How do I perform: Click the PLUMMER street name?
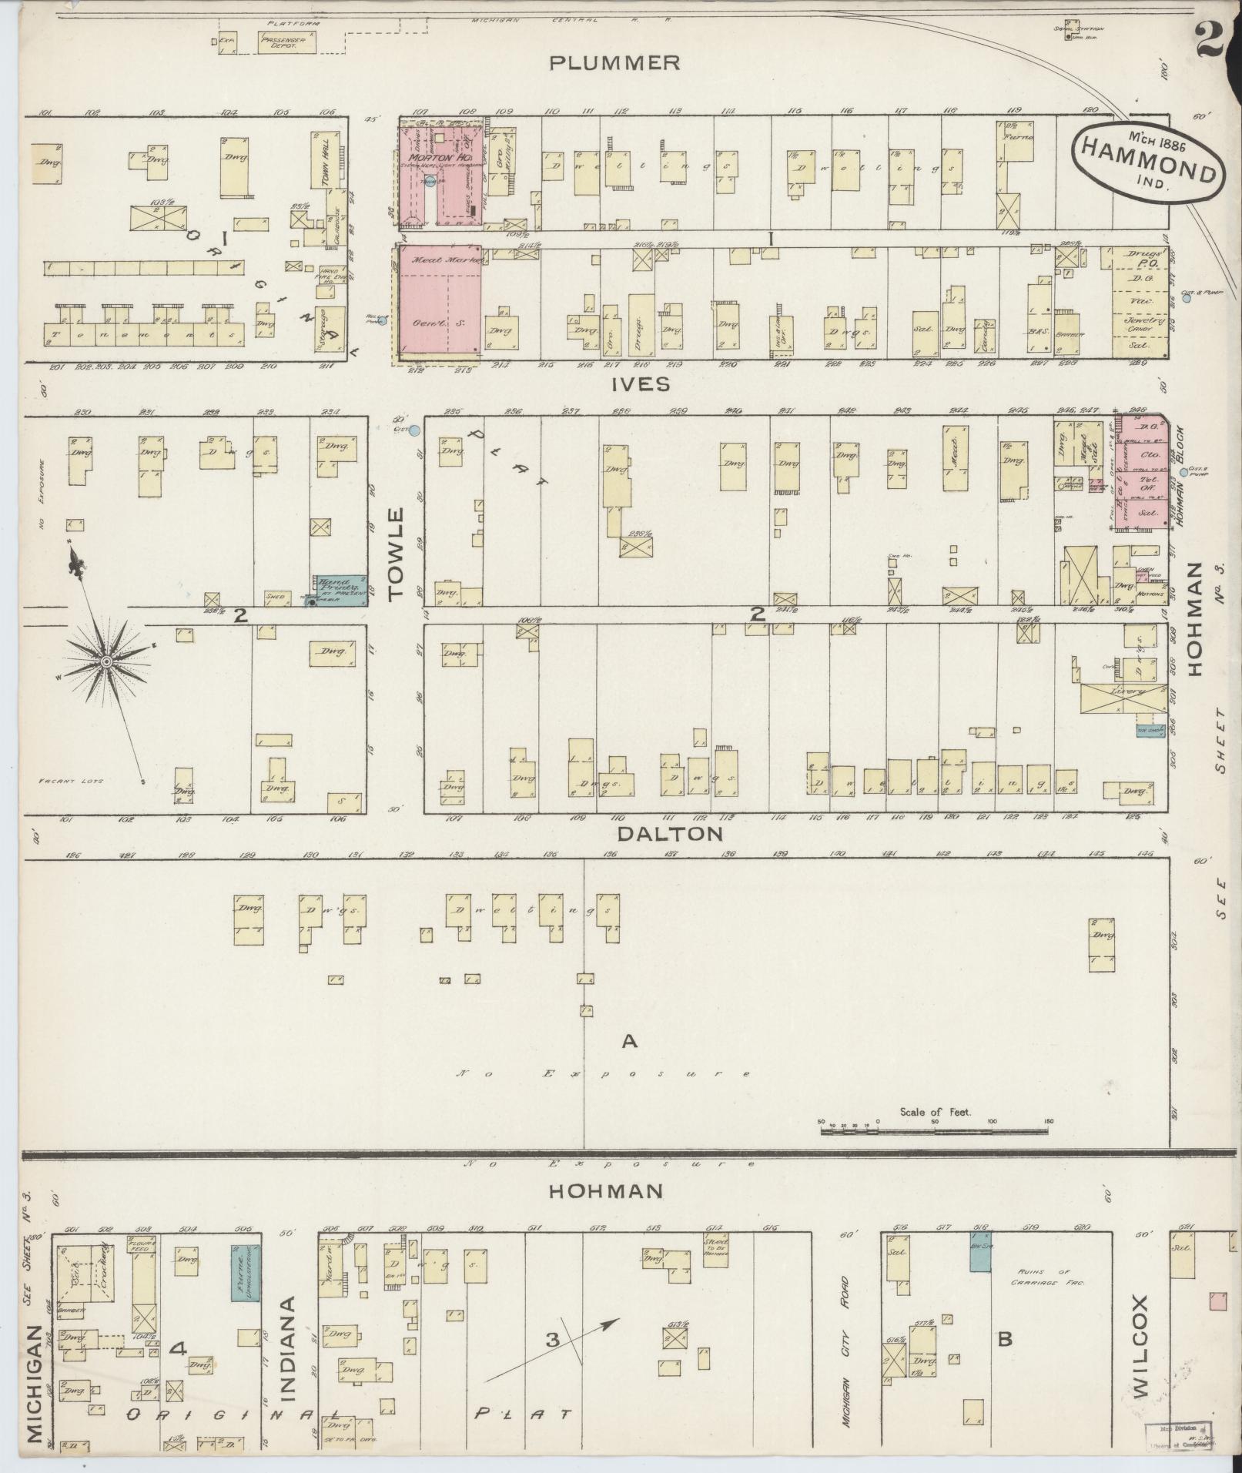614,62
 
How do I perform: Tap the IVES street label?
641,383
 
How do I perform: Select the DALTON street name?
670,833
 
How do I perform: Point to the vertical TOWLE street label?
395,554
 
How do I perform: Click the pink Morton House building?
440,174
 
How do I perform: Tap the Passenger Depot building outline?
282,43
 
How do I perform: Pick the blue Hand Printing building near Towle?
337,590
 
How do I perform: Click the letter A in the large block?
629,1041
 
